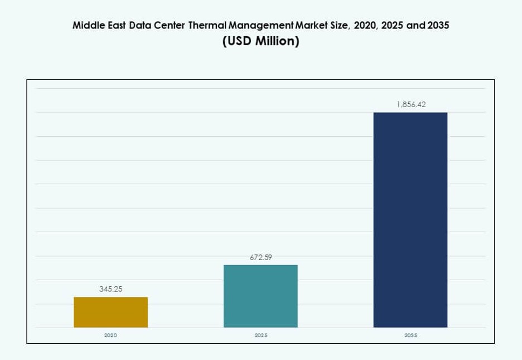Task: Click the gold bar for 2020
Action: tap(110, 312)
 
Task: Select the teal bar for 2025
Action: tap(260, 296)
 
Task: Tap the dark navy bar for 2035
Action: tap(410, 220)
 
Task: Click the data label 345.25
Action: tap(110, 289)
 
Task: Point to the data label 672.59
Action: tap(260, 257)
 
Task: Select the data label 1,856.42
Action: tap(410, 104)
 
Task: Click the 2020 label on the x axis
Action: tap(110, 335)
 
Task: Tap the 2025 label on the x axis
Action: tap(260, 335)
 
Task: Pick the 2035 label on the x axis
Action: tap(410, 335)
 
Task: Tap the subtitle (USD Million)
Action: tap(260, 42)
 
